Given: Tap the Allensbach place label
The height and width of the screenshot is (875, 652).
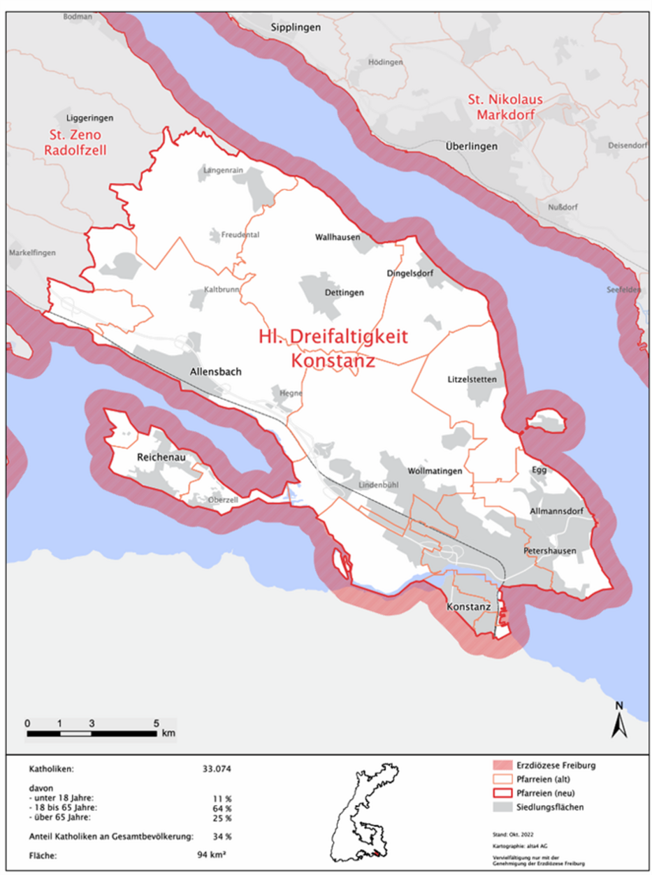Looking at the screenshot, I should tap(215, 372).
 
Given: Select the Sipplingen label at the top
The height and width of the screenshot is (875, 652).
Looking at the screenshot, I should tap(296, 28).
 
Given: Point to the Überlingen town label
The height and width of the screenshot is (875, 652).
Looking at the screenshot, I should tap(472, 146).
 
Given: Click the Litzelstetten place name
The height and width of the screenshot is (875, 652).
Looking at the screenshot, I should tap(471, 379).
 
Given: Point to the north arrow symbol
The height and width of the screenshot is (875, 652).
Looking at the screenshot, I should tap(618, 720).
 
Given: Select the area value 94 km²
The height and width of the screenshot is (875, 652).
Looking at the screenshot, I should tap(215, 854).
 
